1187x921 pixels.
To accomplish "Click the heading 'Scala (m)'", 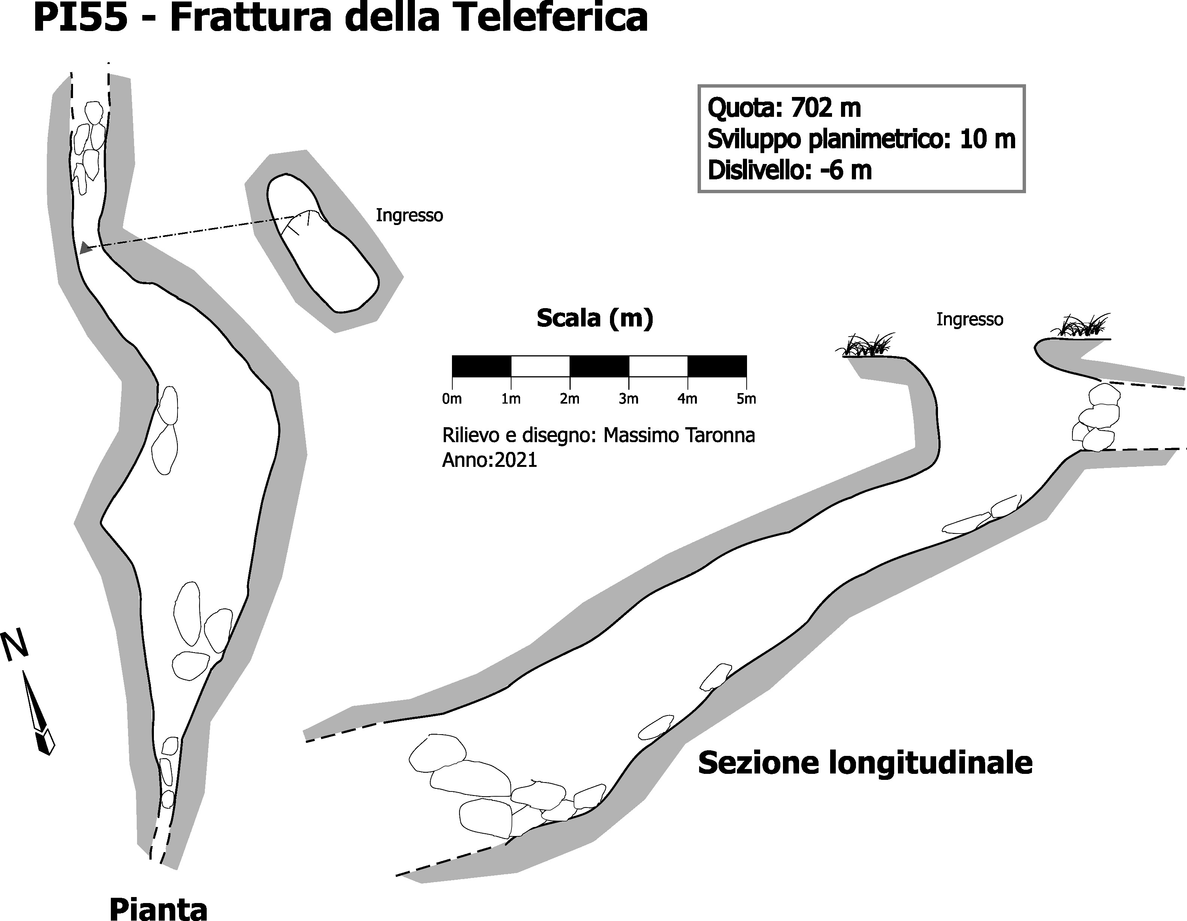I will tap(595, 318).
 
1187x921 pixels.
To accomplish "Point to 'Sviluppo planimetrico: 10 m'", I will tap(861, 140).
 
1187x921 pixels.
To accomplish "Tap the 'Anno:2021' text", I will tap(489, 460).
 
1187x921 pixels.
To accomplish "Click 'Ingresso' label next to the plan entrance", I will tap(409, 216).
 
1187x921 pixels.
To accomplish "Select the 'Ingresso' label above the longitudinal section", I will tap(969, 319).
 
